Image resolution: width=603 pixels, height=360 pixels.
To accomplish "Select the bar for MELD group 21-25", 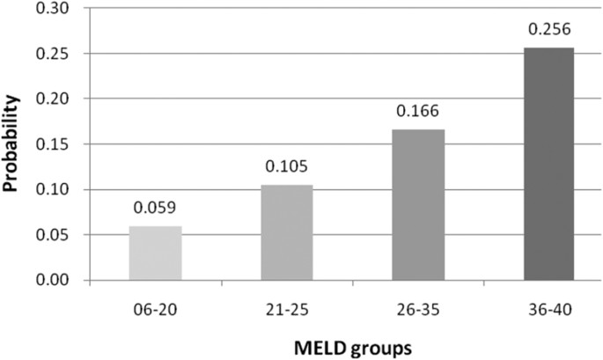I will click(288, 233).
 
